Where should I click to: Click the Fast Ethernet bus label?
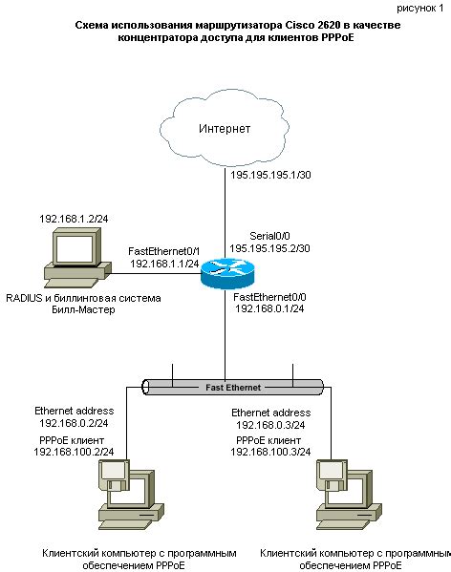point(234,387)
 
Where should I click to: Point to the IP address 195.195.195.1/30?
point(272,176)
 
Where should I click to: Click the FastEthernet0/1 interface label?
point(163,249)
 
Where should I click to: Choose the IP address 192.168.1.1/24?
point(164,263)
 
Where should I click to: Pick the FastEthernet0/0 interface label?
point(270,298)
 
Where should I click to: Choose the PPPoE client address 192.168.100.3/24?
point(271,453)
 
